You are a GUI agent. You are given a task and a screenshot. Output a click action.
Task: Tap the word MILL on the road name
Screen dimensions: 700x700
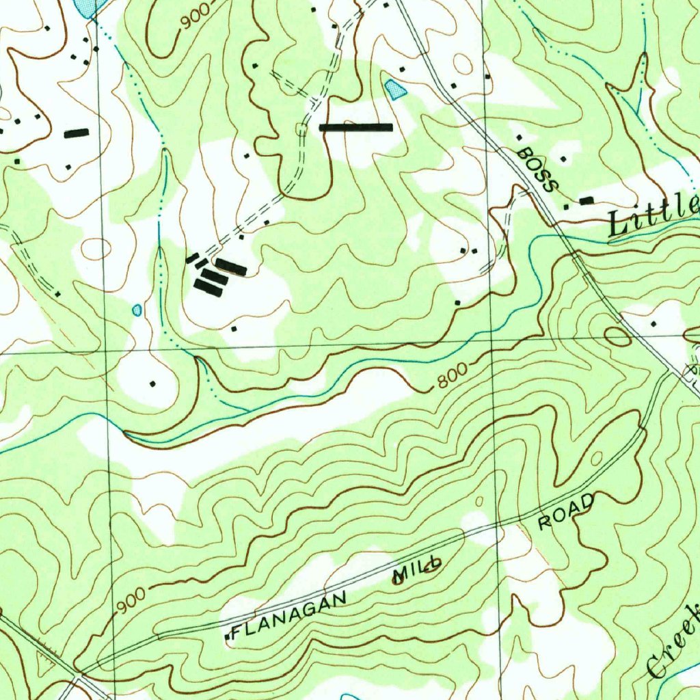(x=416, y=569)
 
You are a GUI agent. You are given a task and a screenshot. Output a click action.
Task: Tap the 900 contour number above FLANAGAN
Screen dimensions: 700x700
(x=131, y=600)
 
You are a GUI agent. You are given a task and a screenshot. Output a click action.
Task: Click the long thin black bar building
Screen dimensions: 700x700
(x=356, y=127)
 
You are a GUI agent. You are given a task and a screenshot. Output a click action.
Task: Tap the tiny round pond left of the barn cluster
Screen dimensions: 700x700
(x=137, y=310)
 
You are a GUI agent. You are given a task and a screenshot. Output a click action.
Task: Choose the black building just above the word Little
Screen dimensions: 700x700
(x=587, y=200)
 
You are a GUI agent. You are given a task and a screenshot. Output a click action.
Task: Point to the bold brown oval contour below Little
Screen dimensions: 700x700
(x=617, y=336)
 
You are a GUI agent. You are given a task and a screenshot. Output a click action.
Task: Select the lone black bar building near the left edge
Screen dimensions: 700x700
(x=77, y=133)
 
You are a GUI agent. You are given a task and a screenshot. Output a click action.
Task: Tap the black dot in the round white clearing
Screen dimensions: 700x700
(x=152, y=383)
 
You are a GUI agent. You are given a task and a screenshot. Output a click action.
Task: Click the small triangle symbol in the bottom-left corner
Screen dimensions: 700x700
(x=46, y=662)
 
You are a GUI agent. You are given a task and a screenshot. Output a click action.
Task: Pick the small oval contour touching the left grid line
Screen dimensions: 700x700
(x=96, y=249)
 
